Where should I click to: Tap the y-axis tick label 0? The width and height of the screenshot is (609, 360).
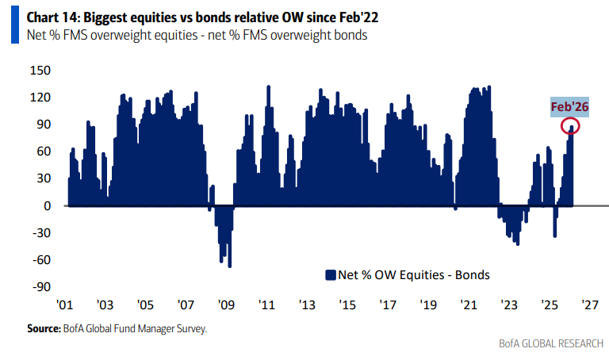(x=46, y=205)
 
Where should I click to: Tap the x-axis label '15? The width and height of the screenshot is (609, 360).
(x=347, y=304)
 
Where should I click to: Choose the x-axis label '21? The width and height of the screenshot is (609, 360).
(x=469, y=304)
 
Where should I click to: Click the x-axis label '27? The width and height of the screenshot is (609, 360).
(x=590, y=304)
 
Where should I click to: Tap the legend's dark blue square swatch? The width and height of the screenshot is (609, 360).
(x=331, y=275)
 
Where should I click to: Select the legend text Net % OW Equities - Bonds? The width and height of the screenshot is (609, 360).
(x=413, y=275)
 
